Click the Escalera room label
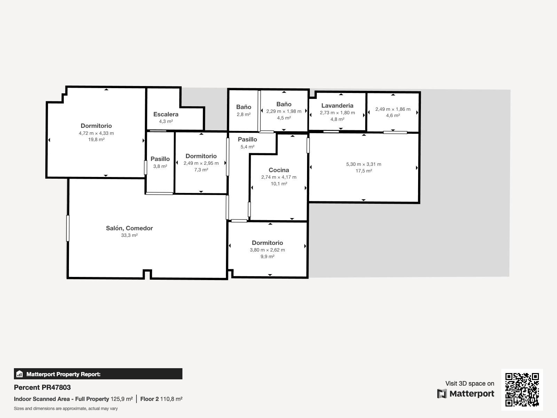click(166, 114)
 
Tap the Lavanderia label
click(337, 106)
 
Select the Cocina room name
click(278, 170)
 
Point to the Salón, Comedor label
click(129, 228)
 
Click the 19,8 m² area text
click(96, 140)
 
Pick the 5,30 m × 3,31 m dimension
click(363, 164)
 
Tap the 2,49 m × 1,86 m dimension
click(393, 109)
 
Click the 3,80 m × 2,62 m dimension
click(267, 250)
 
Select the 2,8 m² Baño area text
click(243, 115)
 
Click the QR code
click(522, 390)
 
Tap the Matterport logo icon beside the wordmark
click(442, 394)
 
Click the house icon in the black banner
click(19, 374)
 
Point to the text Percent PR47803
click(42, 387)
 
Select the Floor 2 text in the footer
click(149, 399)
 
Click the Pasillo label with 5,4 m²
click(247, 139)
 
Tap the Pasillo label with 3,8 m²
click(160, 159)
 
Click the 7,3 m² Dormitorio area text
click(201, 170)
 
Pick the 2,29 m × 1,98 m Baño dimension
click(284, 111)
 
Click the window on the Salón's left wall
click(68, 228)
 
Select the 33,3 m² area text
click(129, 235)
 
